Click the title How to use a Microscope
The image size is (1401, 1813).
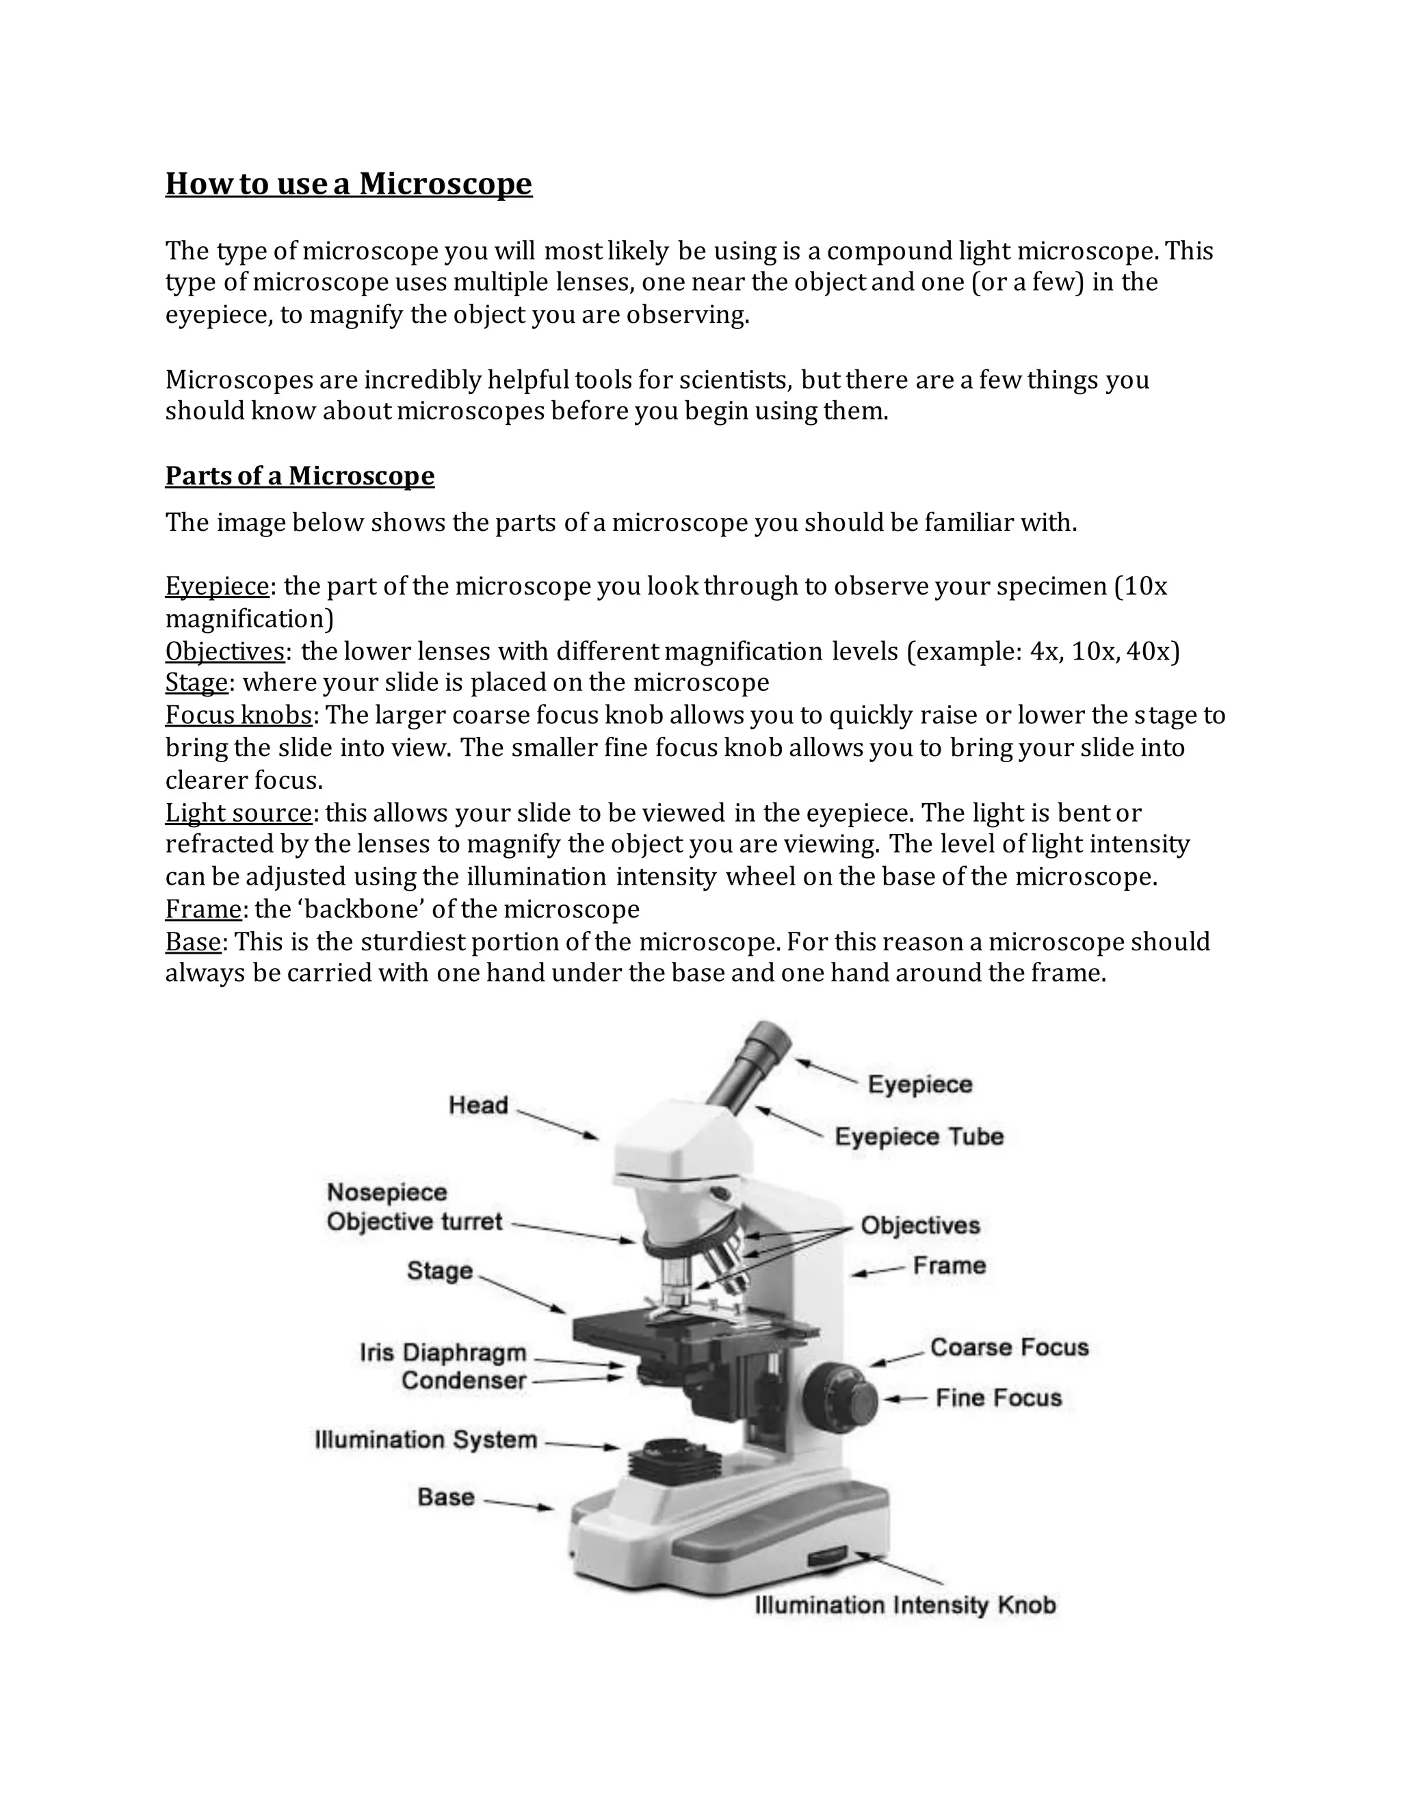pos(349,183)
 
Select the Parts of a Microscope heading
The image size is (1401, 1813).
pos(300,475)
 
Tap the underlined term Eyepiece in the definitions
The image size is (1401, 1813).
pos(217,586)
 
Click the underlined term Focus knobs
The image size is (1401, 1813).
pos(239,715)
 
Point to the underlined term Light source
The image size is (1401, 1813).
pos(238,812)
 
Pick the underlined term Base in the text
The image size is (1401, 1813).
pos(192,941)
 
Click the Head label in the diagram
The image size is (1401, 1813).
pos(477,1105)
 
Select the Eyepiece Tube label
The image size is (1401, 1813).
pos(919,1136)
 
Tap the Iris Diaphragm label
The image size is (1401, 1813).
pos(443,1353)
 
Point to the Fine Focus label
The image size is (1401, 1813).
pos(999,1398)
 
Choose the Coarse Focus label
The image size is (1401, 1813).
pos(1008,1347)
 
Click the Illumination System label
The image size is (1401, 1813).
pos(425,1439)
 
